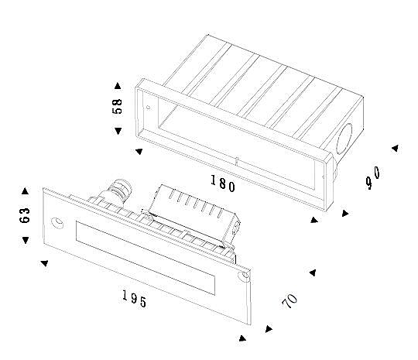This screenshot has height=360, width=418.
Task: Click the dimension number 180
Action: (223, 183)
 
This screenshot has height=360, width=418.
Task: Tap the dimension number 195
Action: (135, 299)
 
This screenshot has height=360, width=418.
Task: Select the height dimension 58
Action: (117, 106)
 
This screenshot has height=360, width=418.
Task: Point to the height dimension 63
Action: (25, 215)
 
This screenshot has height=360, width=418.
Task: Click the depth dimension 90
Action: (373, 177)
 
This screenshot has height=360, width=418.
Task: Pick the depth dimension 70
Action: (290, 301)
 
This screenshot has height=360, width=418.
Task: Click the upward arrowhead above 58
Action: (118, 86)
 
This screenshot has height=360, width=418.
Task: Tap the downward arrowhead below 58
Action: (118, 131)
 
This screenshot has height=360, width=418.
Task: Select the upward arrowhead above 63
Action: (25, 191)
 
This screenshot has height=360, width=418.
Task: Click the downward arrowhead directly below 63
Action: (26, 240)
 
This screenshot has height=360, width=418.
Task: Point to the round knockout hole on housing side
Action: (344, 139)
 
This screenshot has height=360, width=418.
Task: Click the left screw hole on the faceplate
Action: (57, 223)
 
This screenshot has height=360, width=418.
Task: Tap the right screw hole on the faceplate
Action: (244, 276)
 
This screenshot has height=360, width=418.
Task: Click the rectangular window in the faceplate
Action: (146, 258)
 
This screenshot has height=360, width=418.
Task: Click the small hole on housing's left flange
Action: (148, 108)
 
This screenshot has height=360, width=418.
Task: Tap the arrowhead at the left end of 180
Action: (139, 151)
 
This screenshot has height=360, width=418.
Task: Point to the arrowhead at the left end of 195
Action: (45, 263)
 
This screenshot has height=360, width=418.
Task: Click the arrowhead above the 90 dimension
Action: (395, 148)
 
